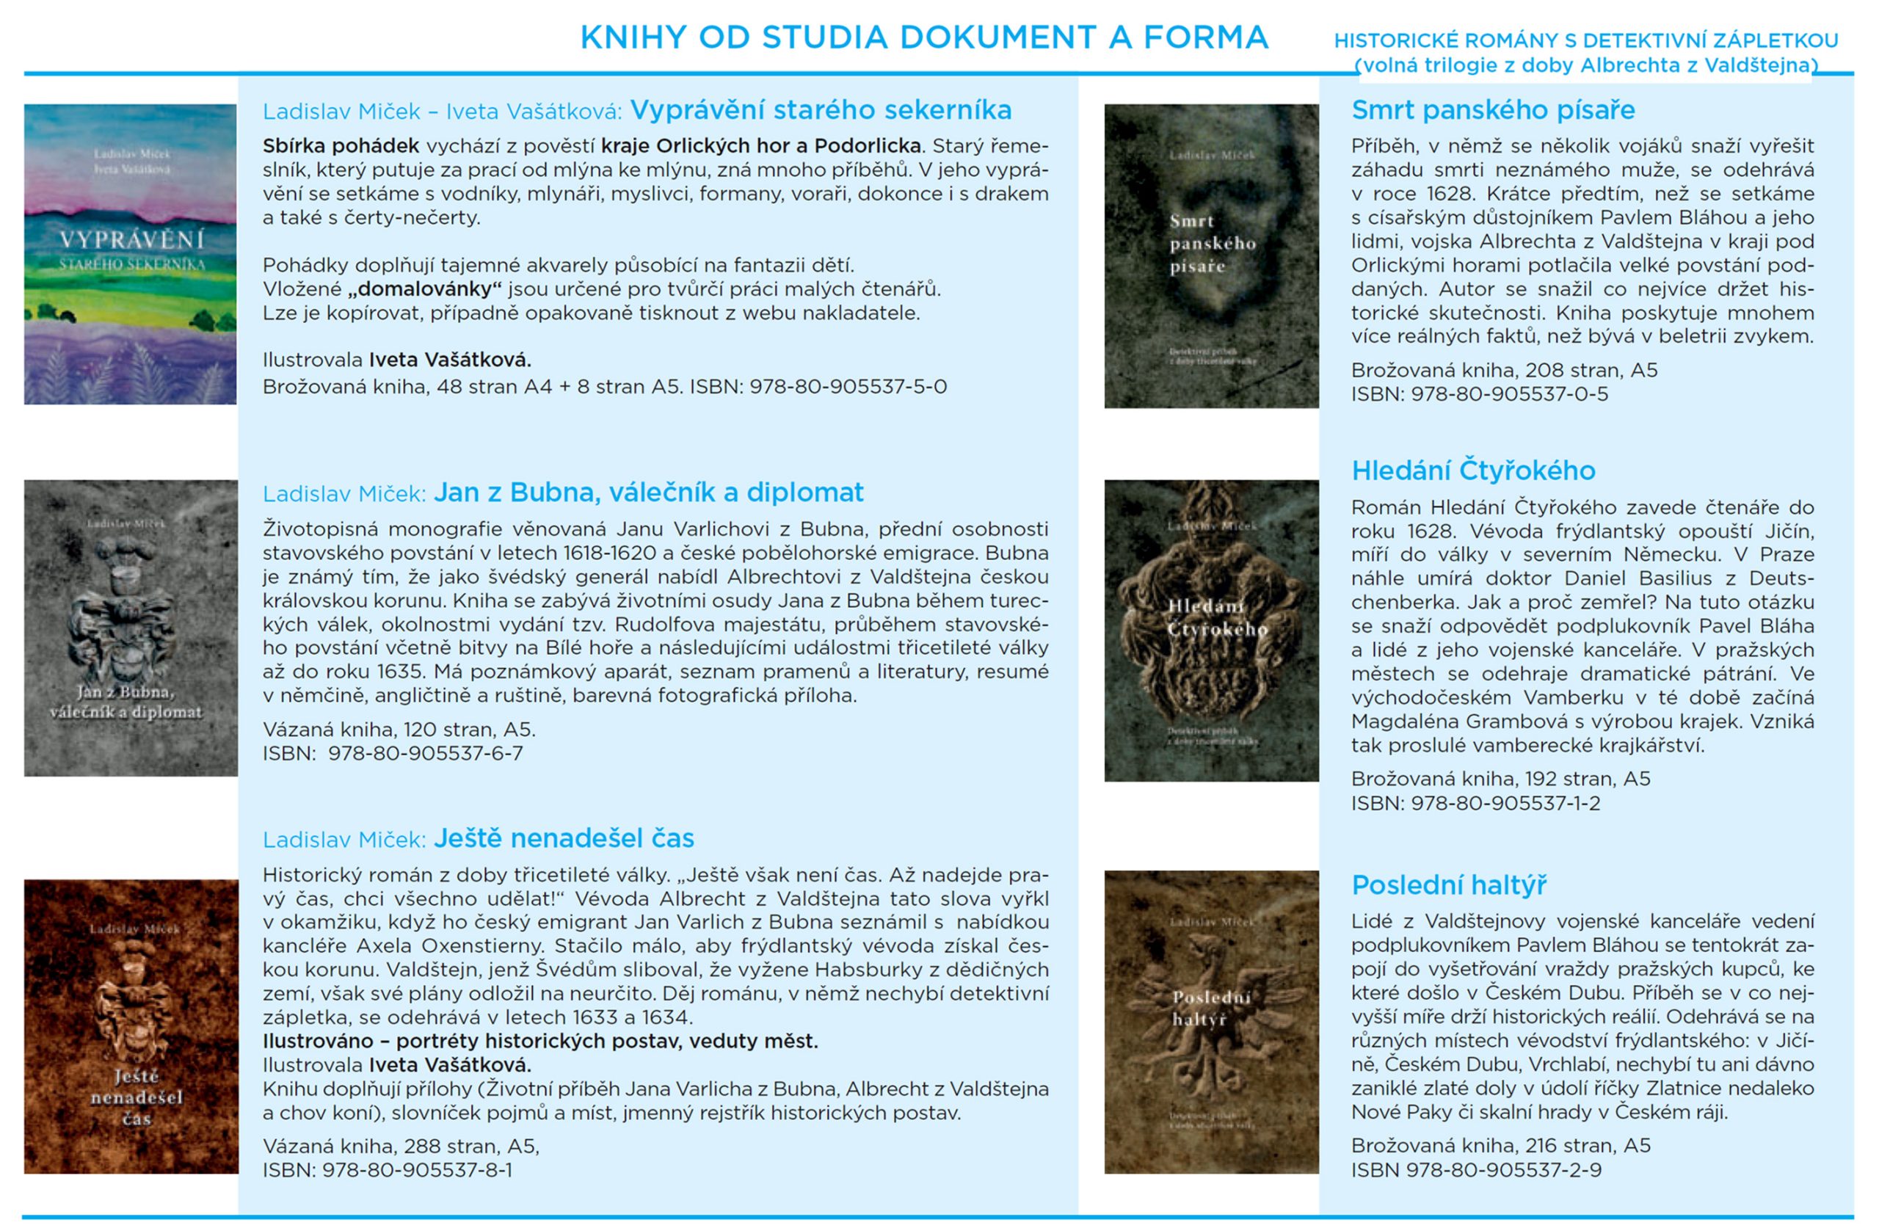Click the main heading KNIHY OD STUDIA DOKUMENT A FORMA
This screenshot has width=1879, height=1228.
[x=923, y=38]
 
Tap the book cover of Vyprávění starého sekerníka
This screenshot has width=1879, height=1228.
[x=130, y=254]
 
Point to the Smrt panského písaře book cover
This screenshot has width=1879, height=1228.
[x=1211, y=256]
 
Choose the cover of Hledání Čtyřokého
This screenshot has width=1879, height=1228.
[x=1211, y=631]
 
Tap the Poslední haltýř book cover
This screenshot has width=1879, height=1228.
[x=1211, y=1021]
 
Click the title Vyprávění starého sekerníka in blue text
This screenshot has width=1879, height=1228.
[x=821, y=110]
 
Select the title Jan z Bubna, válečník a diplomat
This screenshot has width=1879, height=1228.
[x=648, y=492]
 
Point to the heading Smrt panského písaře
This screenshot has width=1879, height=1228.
[x=1492, y=110]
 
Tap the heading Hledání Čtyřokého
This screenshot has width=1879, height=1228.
[x=1472, y=471]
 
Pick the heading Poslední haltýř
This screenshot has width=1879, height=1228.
[x=1448, y=884]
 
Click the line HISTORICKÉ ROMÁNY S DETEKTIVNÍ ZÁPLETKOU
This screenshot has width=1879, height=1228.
[x=1585, y=40]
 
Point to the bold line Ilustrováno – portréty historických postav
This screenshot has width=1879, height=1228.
[x=540, y=1041]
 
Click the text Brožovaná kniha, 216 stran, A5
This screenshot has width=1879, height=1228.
[x=1500, y=1145]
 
